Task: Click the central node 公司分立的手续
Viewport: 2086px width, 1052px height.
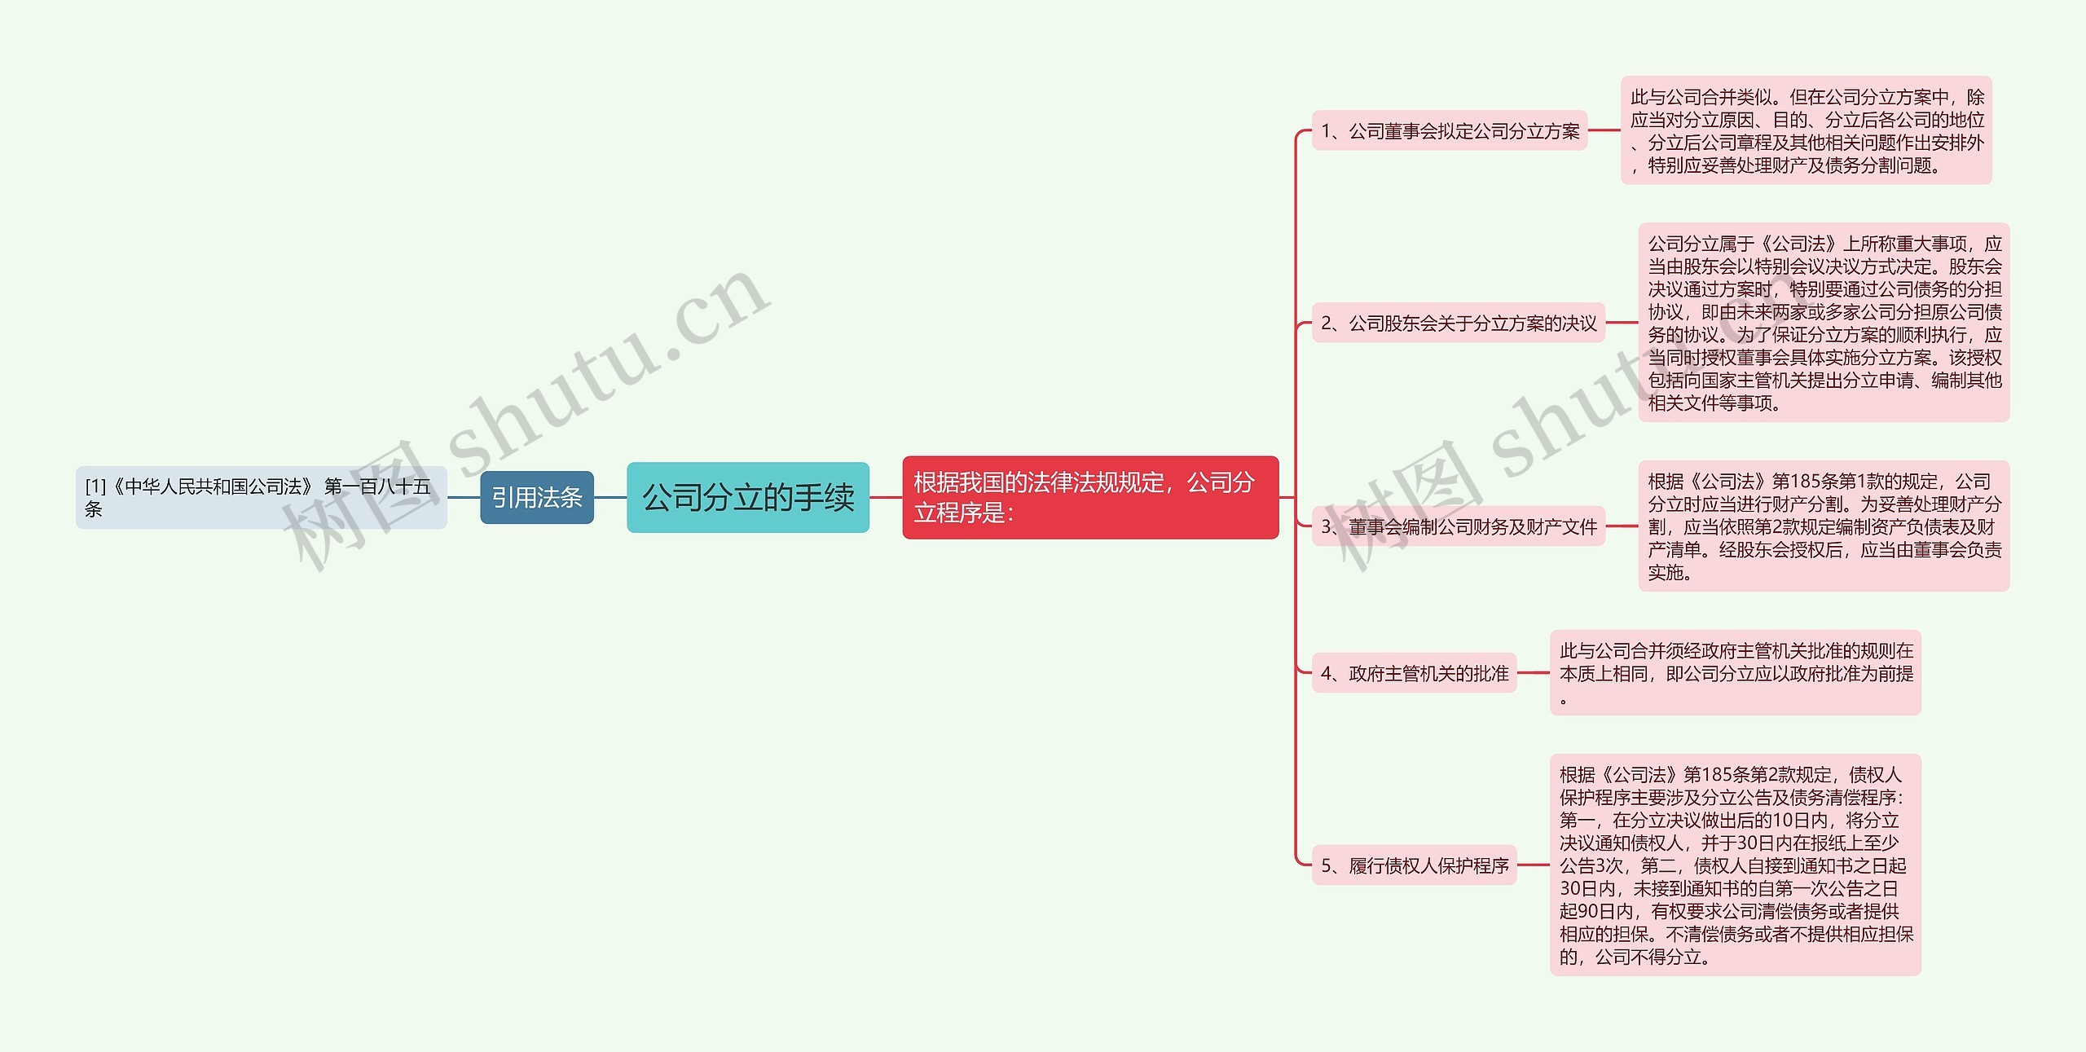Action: pyautogui.click(x=747, y=497)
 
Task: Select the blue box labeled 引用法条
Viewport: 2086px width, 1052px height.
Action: pyautogui.click(x=536, y=497)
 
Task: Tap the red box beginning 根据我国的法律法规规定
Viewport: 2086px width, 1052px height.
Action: pyautogui.click(x=1089, y=497)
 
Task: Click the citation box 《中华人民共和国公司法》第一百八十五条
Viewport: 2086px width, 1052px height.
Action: pyautogui.click(x=261, y=497)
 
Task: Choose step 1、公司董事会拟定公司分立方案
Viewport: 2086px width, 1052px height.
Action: pyautogui.click(x=1449, y=130)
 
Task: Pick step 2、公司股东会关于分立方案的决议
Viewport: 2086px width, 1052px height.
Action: pyautogui.click(x=1458, y=323)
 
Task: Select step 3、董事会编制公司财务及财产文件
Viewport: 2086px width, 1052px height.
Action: pyautogui.click(x=1458, y=526)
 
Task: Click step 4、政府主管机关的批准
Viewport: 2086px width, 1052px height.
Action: pyautogui.click(x=1414, y=673)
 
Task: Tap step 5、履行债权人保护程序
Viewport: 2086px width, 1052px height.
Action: pyautogui.click(x=1414, y=865)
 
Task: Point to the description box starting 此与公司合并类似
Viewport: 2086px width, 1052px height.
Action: pyautogui.click(x=1806, y=130)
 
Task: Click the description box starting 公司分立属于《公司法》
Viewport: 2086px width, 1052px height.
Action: pyautogui.click(x=1824, y=323)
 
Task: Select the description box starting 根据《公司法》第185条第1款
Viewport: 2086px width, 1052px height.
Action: pyautogui.click(x=1824, y=526)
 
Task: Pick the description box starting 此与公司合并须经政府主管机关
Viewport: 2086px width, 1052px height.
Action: pyautogui.click(x=1735, y=673)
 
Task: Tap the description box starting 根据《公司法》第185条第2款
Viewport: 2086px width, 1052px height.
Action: pyautogui.click(x=1735, y=865)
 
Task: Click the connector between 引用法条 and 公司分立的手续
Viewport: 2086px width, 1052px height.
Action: pyautogui.click(x=610, y=497)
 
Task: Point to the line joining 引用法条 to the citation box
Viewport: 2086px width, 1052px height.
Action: pyautogui.click(x=464, y=497)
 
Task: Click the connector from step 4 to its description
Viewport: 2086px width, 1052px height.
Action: pyautogui.click(x=1533, y=673)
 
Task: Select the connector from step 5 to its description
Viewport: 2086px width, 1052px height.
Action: pyautogui.click(x=1533, y=865)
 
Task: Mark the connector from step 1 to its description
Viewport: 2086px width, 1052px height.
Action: pyautogui.click(x=1604, y=130)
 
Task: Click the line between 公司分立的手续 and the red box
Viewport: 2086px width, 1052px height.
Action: pyautogui.click(x=886, y=497)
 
